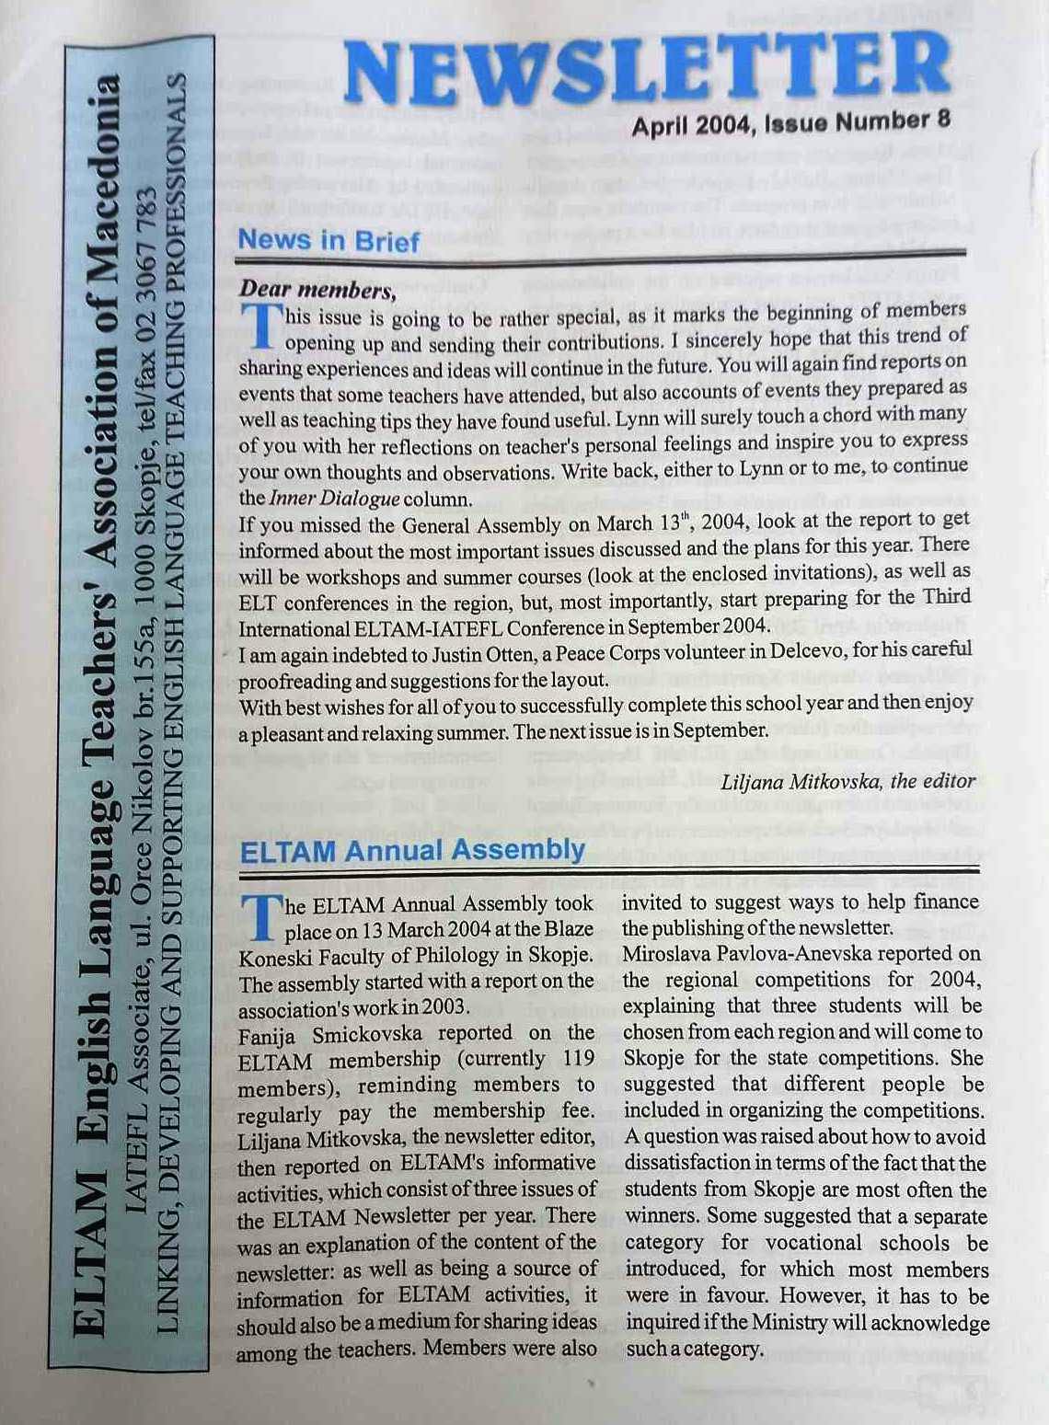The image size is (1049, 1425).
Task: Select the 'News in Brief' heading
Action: coord(329,241)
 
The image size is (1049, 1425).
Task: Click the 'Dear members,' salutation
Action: coord(317,290)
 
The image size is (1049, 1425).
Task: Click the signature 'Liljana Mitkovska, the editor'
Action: coord(847,782)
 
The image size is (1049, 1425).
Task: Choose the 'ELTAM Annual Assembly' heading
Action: coord(412,850)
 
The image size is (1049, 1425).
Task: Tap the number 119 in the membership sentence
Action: coord(579,1059)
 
